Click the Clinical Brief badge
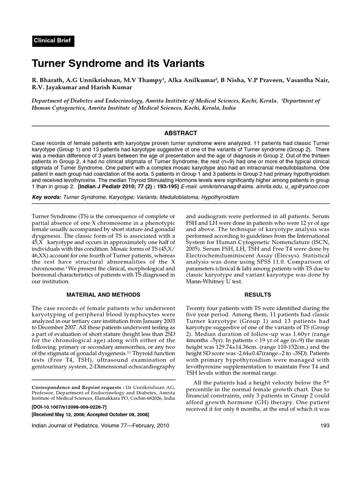tap(52, 41)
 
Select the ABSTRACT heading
tap(180, 133)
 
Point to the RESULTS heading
tap(258, 295)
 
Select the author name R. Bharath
tap(48, 80)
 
